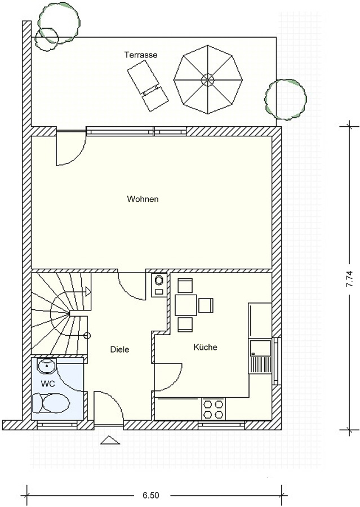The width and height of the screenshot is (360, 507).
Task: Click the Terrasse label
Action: tap(141, 55)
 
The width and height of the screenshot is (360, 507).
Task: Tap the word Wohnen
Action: tap(143, 199)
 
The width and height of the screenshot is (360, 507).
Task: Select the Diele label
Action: tap(119, 349)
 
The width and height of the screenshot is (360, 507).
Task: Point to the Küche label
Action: tap(206, 347)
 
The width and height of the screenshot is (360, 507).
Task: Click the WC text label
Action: tap(48, 384)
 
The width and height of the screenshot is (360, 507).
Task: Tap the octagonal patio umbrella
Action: tap(208, 79)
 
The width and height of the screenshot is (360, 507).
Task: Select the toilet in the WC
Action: tap(51, 403)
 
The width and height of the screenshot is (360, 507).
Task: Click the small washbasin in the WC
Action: tap(47, 366)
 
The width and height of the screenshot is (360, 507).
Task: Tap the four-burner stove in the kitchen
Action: tap(214, 409)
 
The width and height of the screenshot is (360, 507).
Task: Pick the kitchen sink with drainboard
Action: tap(259, 356)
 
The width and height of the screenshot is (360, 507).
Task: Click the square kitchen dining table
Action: tap(186, 305)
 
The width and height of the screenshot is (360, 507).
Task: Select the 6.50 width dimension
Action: tap(151, 495)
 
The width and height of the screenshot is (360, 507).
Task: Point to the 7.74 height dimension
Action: tap(349, 278)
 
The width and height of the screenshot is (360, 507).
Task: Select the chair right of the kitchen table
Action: tap(206, 305)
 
